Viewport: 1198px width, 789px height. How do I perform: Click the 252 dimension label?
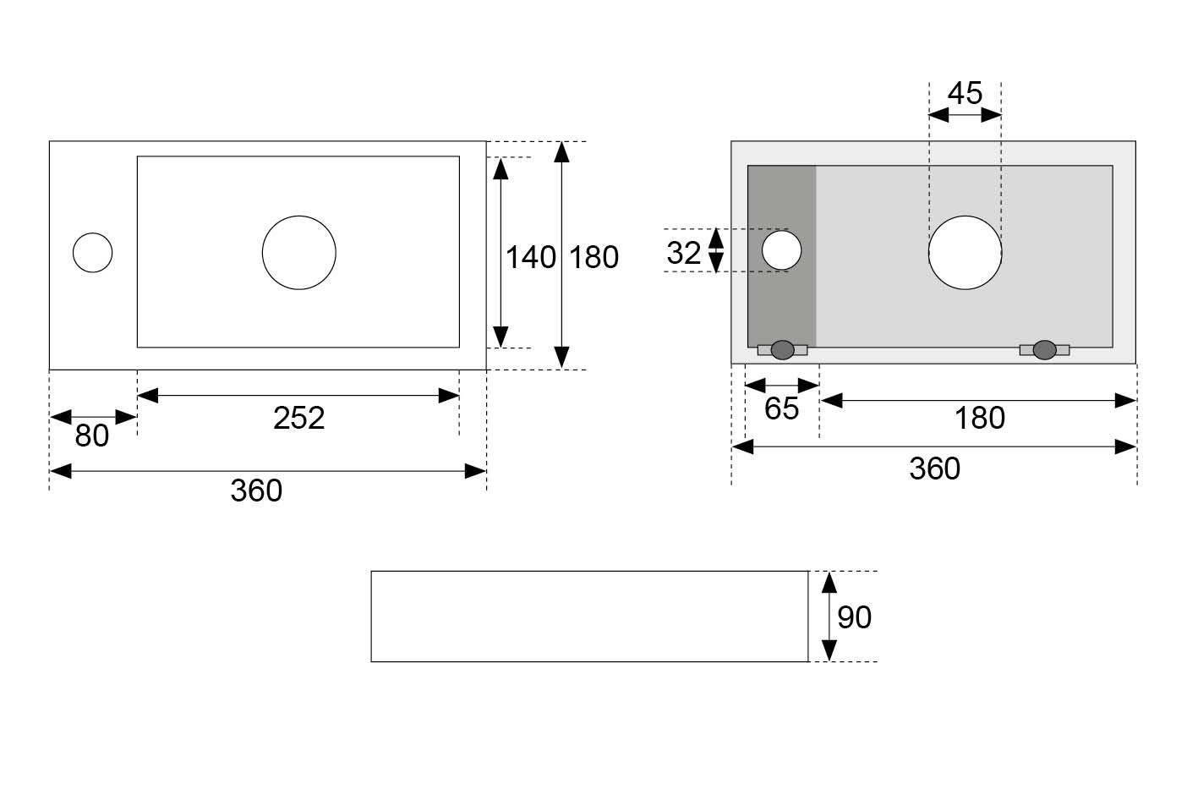[x=298, y=418]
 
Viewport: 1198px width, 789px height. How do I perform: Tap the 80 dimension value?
[x=91, y=436]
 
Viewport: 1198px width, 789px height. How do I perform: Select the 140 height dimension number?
[x=530, y=257]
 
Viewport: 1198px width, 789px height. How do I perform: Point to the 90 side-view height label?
[x=854, y=617]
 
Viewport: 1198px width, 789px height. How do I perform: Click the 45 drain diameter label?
[x=965, y=93]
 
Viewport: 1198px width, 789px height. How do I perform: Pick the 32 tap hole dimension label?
[x=683, y=252]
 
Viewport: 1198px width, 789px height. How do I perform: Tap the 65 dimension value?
[x=781, y=408]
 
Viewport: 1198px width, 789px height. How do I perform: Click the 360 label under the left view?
[x=256, y=490]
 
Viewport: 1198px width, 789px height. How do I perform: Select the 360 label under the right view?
[x=934, y=468]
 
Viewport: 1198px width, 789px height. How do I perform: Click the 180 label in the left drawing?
[x=594, y=257]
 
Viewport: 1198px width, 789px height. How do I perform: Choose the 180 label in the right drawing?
[x=979, y=418]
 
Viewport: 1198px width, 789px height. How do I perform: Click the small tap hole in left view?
[x=92, y=253]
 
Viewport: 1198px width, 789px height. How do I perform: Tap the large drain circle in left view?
[x=298, y=252]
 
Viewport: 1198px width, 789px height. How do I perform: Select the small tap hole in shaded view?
[x=781, y=250]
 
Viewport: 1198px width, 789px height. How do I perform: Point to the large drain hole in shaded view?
[x=965, y=252]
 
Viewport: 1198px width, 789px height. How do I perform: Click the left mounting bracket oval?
[x=783, y=349]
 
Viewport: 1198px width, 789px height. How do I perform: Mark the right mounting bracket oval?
[x=1045, y=349]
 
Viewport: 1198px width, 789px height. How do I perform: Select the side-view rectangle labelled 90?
[x=589, y=616]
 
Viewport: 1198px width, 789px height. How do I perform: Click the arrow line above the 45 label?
[x=965, y=115]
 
